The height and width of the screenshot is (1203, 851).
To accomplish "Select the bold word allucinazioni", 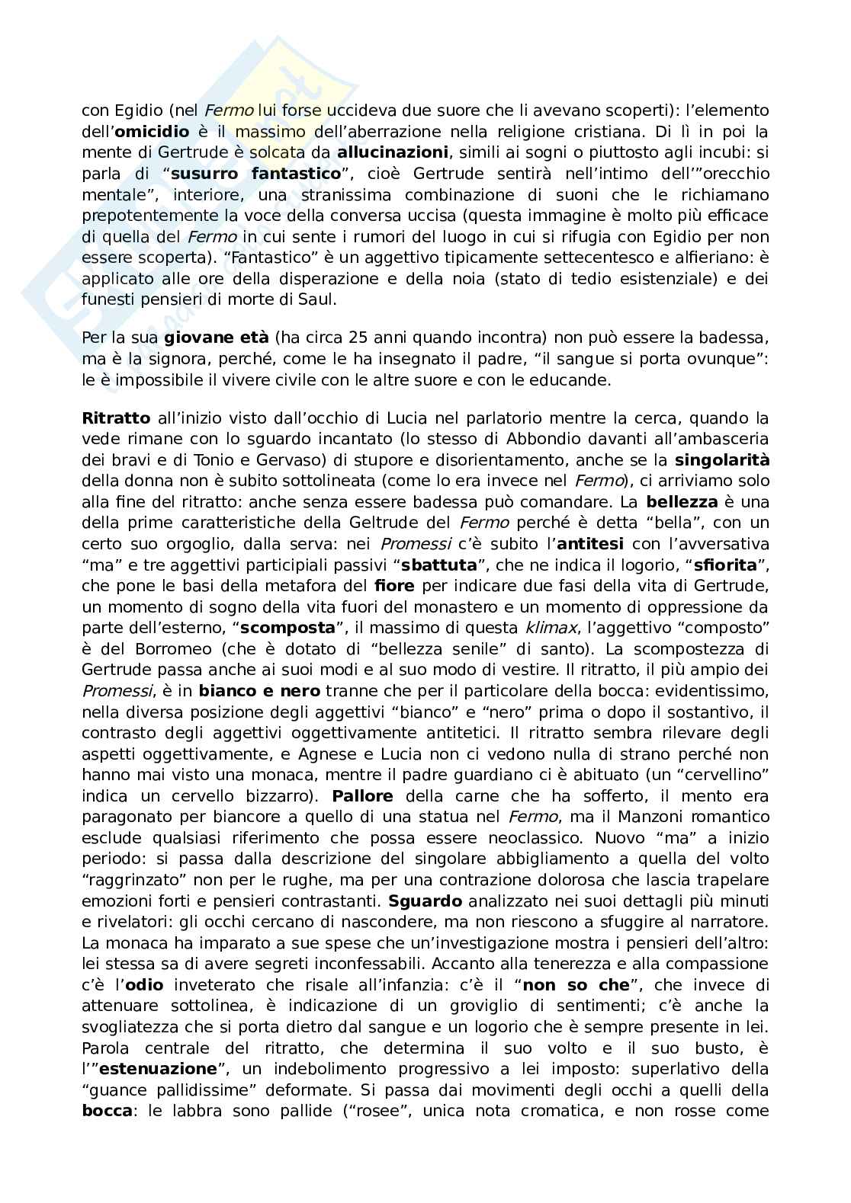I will coord(392,153).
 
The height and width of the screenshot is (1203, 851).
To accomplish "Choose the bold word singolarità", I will coord(721,460).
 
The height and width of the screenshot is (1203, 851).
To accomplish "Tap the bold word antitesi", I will coord(590,544).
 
